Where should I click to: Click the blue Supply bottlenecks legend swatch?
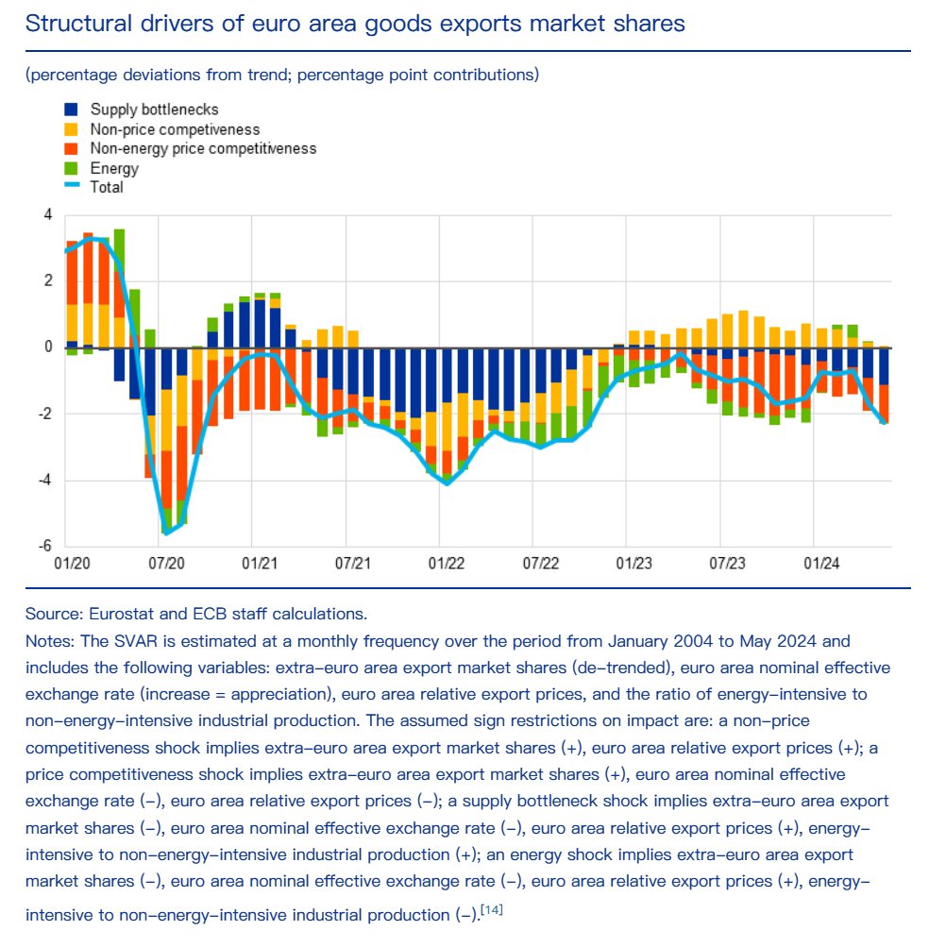pos(72,110)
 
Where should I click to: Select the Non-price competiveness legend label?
pos(175,129)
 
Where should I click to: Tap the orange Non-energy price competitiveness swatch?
pos(72,149)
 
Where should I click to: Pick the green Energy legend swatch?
pos(72,169)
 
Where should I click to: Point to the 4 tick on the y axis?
pos(48,215)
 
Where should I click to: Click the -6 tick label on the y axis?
pos(45,547)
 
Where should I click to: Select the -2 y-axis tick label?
pos(45,414)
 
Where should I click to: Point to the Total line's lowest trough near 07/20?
pos(167,533)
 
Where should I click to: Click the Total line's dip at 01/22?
pos(446,483)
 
